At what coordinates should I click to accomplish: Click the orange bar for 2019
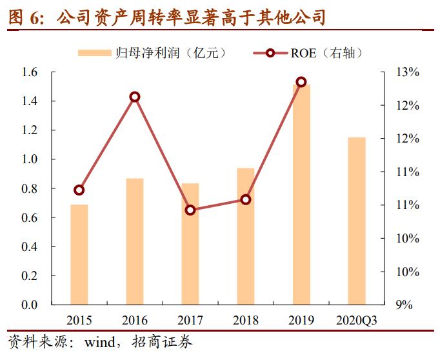[x=301, y=194]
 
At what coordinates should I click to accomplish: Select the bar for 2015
[x=79, y=254]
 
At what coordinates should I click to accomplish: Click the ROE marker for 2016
[x=135, y=97]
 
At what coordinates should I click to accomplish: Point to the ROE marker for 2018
[x=246, y=199]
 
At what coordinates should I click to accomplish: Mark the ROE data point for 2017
[x=190, y=210]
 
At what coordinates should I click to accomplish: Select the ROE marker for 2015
[x=79, y=190]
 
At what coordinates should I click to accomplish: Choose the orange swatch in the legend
[x=95, y=53]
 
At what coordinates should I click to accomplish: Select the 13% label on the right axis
[x=408, y=72]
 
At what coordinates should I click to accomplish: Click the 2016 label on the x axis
[x=134, y=320]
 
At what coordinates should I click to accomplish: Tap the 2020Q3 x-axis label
[x=356, y=320]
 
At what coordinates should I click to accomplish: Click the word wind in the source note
[x=100, y=341]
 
